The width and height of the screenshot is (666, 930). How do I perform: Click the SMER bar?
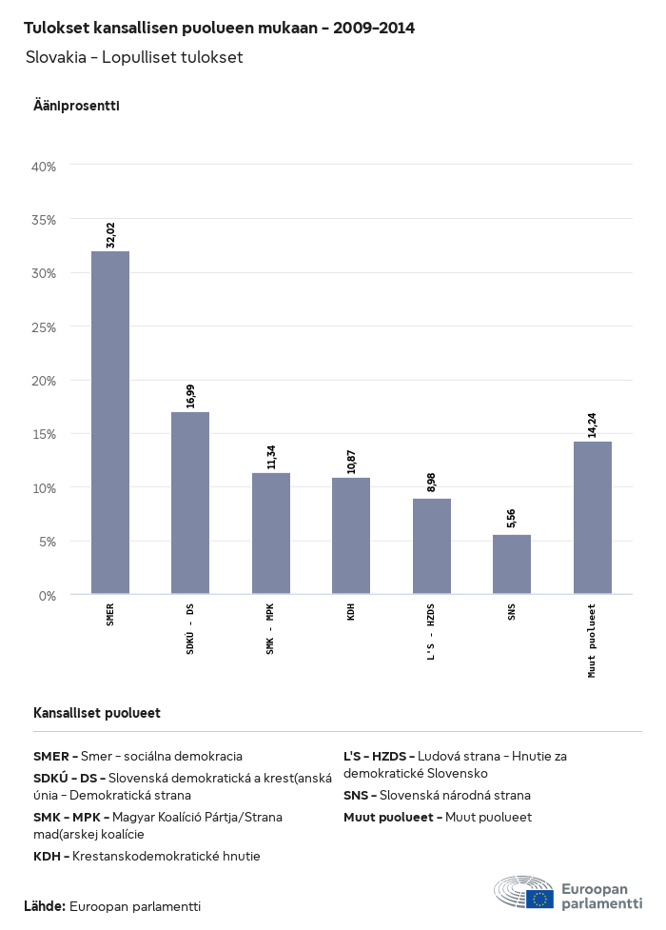tap(110, 423)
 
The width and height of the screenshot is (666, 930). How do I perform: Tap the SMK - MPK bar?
tap(271, 533)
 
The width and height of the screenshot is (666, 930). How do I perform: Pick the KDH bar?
tap(351, 536)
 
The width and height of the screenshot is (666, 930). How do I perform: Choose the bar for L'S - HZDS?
tap(432, 546)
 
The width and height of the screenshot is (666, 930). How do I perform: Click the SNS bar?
tap(512, 564)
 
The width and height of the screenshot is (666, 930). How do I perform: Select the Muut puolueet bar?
tap(593, 518)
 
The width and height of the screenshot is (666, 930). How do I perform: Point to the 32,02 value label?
tap(110, 234)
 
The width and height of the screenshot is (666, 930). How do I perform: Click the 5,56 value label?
tap(512, 518)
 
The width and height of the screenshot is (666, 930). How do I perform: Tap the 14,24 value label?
tap(593, 425)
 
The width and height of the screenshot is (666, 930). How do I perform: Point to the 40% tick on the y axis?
tap(45, 167)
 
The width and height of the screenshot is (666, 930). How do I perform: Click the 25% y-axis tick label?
tap(45, 327)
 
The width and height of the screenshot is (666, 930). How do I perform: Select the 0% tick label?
tap(48, 596)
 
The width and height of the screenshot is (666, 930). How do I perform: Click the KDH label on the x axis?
tap(351, 611)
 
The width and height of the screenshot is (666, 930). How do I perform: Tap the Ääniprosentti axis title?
tap(76, 106)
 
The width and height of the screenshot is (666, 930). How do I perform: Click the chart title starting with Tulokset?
tap(219, 28)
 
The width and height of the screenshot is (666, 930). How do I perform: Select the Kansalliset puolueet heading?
tap(97, 713)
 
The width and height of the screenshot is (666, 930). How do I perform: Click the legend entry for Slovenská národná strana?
tap(437, 795)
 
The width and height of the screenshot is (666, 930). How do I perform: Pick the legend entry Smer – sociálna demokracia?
tap(138, 756)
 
